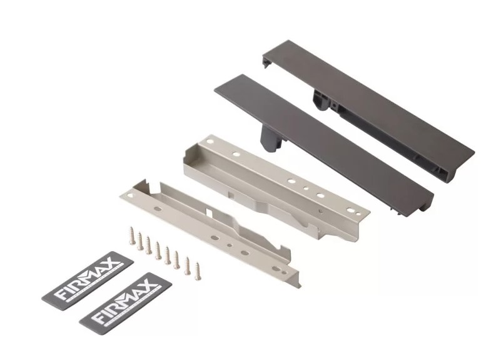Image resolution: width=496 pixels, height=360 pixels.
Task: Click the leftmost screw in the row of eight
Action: tap(132, 235)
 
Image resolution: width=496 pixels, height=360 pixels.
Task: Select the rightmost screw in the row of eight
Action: tap(198, 271)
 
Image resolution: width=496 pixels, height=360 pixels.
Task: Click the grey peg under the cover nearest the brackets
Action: tap(270, 138)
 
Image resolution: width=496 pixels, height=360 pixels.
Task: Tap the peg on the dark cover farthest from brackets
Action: tap(321, 100)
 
